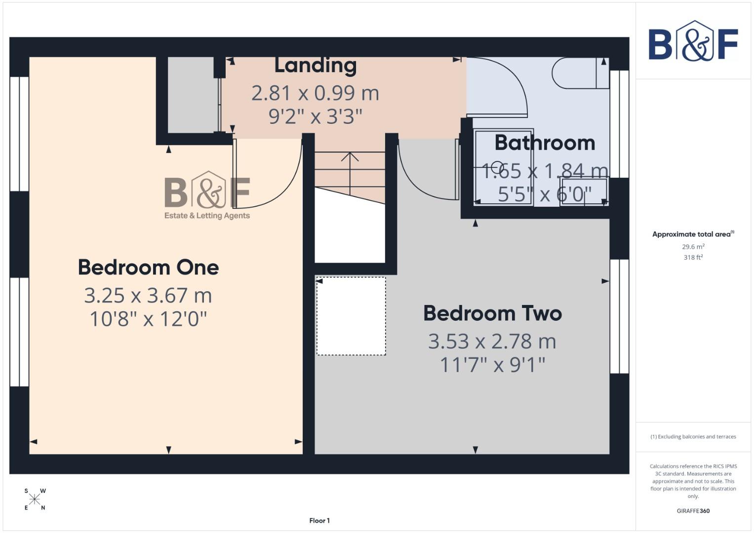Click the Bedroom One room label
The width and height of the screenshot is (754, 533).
click(x=148, y=267)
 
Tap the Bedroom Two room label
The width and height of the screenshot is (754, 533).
click(x=492, y=313)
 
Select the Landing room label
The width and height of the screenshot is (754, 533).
click(x=315, y=65)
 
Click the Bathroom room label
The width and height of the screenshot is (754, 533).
click(x=545, y=143)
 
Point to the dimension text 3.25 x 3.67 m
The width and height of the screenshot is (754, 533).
click(x=148, y=296)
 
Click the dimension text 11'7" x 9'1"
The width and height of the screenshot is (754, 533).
click(x=492, y=365)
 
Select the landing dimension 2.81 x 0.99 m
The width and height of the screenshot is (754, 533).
click(x=315, y=93)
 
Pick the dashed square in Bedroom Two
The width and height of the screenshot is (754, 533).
click(x=351, y=316)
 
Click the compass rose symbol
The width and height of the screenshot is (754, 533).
click(x=35, y=499)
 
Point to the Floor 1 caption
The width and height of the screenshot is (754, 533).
click(x=319, y=521)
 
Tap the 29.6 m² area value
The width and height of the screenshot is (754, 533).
click(x=693, y=247)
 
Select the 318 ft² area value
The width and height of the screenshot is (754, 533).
click(x=693, y=257)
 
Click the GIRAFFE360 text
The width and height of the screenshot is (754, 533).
click(x=693, y=511)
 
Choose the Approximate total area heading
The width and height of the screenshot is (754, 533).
click(x=693, y=234)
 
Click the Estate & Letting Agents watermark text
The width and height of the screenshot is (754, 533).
click(x=207, y=216)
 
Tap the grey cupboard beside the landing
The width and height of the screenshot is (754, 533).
click(x=191, y=95)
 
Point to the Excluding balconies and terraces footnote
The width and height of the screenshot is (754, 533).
click(x=693, y=437)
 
